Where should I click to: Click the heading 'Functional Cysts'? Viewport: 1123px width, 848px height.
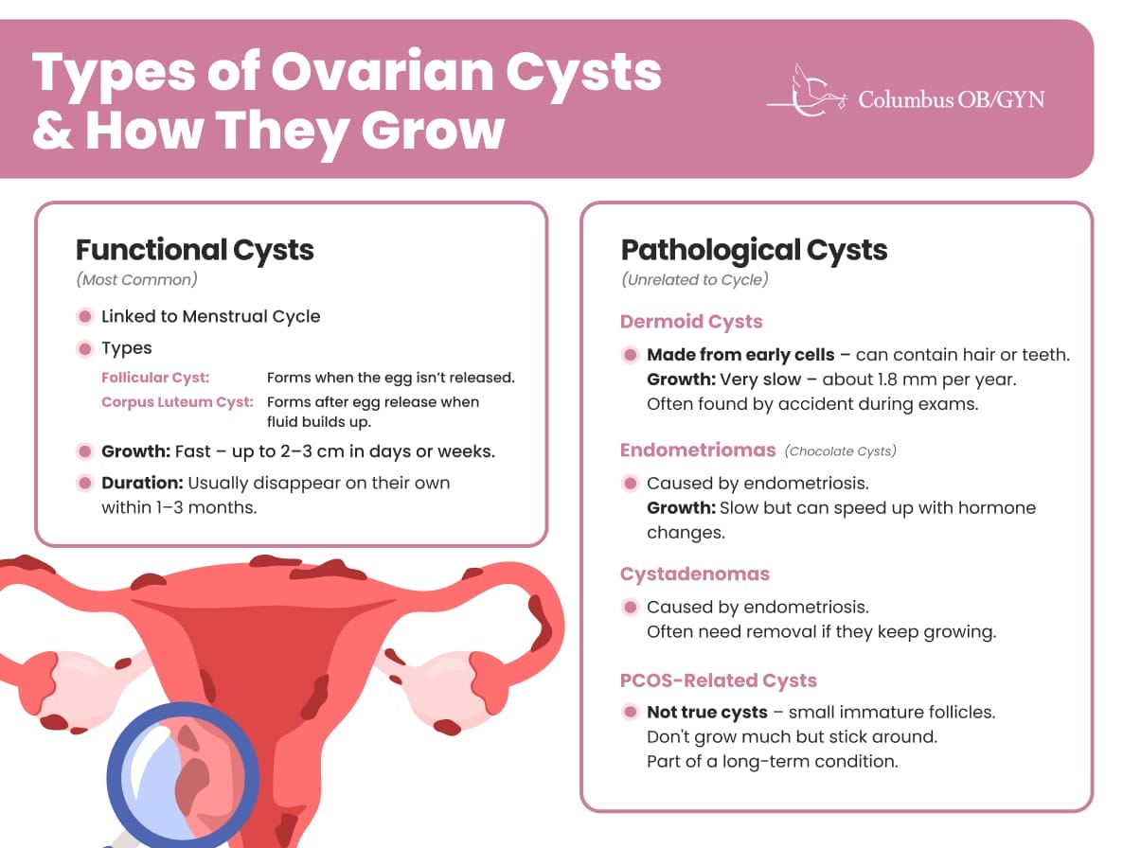pos(195,250)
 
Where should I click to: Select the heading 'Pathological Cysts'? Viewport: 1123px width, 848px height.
pos(754,250)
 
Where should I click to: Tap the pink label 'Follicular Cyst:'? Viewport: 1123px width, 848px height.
pos(155,377)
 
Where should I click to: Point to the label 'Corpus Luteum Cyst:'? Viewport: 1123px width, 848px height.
pos(178,401)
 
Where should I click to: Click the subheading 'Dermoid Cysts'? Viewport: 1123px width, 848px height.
pos(691,321)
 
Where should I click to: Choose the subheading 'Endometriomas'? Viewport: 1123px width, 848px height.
pos(698,450)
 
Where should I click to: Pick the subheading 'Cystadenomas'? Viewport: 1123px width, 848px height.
pos(695,574)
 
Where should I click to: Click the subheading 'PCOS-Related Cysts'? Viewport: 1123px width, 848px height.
pos(719,680)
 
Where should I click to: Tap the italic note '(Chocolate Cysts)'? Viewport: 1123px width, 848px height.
pos(840,450)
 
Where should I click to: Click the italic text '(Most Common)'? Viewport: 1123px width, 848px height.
pos(136,280)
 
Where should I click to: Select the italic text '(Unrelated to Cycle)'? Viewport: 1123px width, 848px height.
pos(695,280)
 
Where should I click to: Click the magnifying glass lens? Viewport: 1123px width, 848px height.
pos(183,775)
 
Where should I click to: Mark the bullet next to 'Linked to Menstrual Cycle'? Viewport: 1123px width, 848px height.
pos(85,316)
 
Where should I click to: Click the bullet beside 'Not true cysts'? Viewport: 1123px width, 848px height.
pos(631,712)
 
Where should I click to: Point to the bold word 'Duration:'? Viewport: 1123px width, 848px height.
pos(142,483)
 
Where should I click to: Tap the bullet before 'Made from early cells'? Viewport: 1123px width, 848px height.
pos(631,355)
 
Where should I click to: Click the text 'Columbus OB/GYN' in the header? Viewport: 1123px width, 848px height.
pos(952,98)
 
